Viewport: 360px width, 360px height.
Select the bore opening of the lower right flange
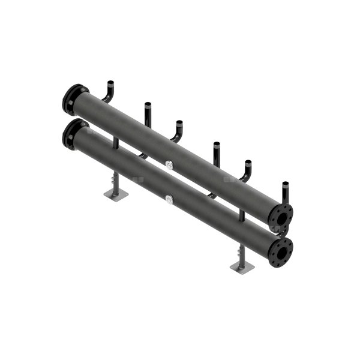pyautogui.click(x=280, y=251)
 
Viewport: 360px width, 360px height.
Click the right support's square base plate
pyautogui.click(x=241, y=266)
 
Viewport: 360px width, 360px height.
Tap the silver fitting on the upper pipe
pyautogui.click(x=169, y=164)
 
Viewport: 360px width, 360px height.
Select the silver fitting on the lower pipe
pyautogui.click(x=169, y=198)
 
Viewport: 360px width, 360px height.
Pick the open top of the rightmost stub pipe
pyautogui.click(x=286, y=182)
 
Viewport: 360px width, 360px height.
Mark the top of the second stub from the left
pyautogui.click(x=147, y=104)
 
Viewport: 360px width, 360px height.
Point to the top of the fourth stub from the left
pyautogui.click(x=216, y=143)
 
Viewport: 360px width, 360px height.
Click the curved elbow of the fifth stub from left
pyautogui.click(x=245, y=176)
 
